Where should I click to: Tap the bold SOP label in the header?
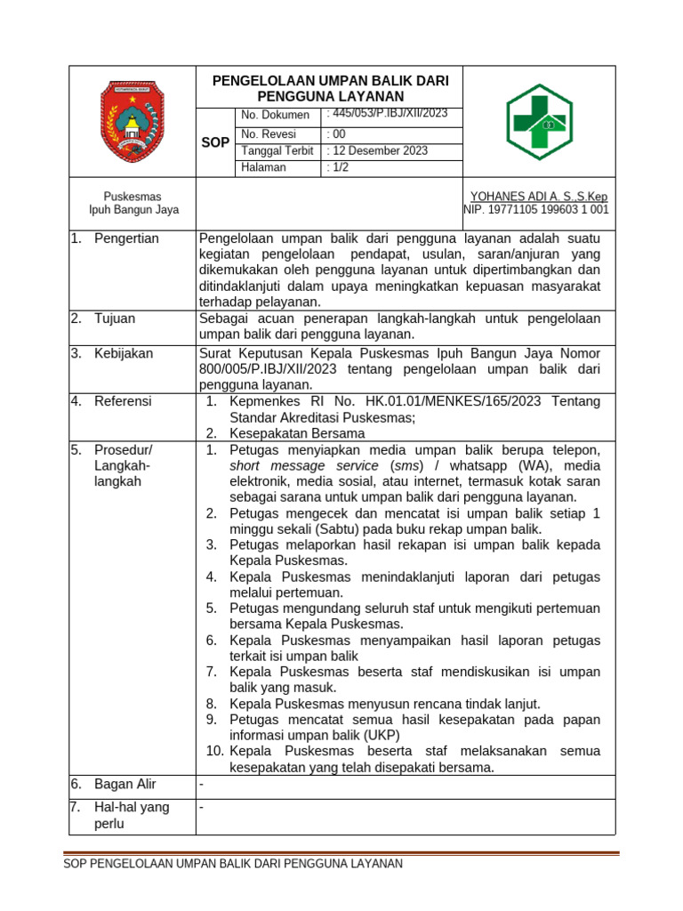(214, 142)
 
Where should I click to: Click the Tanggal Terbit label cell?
(277, 151)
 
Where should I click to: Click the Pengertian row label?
(126, 238)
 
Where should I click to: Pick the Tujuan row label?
(115, 318)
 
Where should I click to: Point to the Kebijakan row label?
(124, 354)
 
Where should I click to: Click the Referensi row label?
(123, 402)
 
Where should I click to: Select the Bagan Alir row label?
(125, 784)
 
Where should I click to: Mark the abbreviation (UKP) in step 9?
(380, 736)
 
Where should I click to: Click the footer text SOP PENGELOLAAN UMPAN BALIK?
(232, 864)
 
